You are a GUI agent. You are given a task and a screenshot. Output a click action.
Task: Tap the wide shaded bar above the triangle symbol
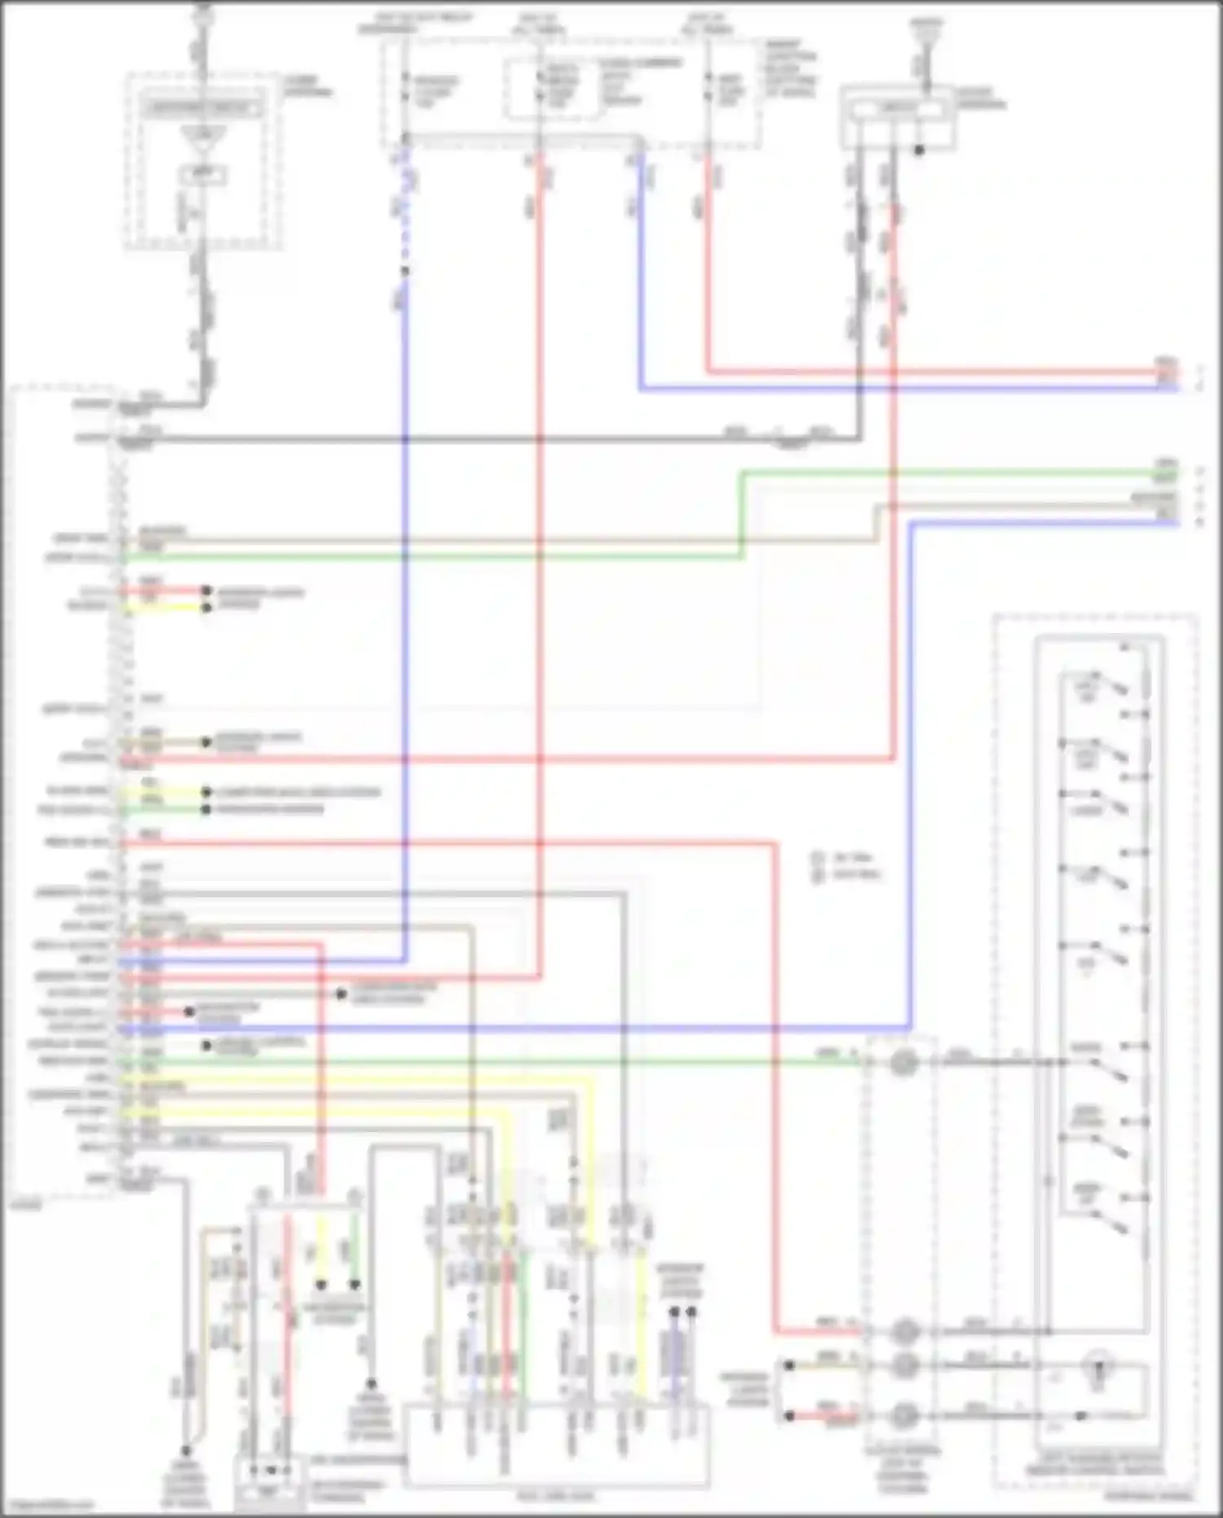click(x=202, y=107)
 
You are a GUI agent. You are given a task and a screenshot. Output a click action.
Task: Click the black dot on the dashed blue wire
click(x=404, y=271)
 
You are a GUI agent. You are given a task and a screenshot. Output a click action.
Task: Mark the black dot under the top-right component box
click(x=919, y=150)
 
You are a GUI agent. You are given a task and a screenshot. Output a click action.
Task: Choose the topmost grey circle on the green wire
click(x=903, y=1062)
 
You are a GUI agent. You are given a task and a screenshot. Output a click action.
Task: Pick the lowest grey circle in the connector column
click(x=903, y=1416)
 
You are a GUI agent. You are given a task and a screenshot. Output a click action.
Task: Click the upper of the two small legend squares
click(x=818, y=857)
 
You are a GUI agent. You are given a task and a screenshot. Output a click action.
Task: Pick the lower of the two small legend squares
click(x=818, y=874)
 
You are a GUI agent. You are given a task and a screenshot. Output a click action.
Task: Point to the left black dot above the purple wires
click(x=674, y=1312)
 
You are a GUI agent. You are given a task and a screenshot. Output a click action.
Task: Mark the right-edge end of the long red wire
click(x=1177, y=373)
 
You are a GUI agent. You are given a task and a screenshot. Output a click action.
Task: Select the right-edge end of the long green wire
click(x=1177, y=473)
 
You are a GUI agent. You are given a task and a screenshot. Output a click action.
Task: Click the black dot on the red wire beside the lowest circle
click(x=788, y=1416)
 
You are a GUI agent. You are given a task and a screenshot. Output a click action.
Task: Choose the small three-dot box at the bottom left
click(x=268, y=1472)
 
